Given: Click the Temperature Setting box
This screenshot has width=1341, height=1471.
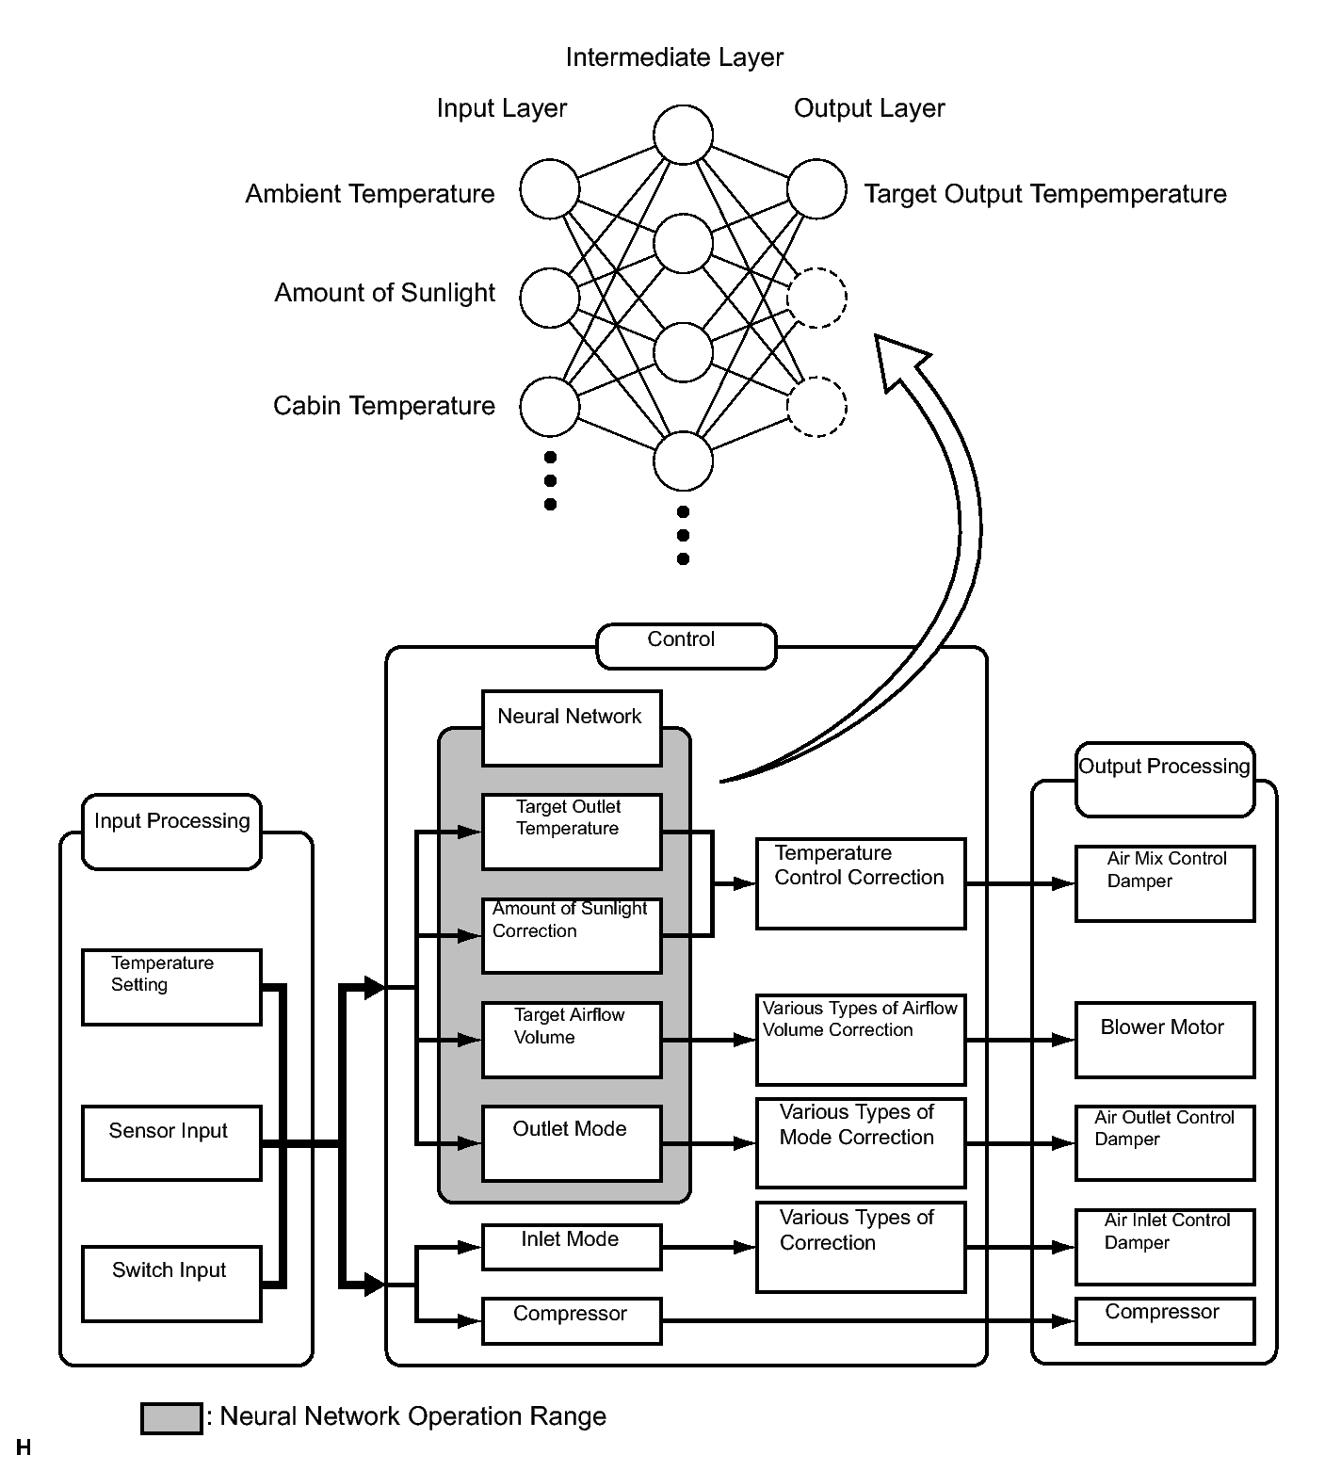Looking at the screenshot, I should pyautogui.click(x=171, y=987).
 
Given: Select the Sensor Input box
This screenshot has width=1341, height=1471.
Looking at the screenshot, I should pyautogui.click(x=171, y=1143).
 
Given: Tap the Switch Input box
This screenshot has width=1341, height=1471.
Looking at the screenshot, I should pyautogui.click(x=171, y=1284).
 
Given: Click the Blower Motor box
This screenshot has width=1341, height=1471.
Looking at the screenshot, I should pyautogui.click(x=1165, y=1040).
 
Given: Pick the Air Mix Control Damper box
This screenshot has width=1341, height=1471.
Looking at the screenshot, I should pyautogui.click(x=1165, y=883).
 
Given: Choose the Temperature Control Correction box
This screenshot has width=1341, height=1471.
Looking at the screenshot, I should pyautogui.click(x=861, y=883).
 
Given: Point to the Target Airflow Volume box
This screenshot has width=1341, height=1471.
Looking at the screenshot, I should pyautogui.click(x=572, y=1040).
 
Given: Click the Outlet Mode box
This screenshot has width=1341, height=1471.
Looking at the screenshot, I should pyautogui.click(x=572, y=1143).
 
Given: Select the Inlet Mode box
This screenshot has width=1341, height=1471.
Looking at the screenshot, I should pyautogui.click(x=572, y=1247).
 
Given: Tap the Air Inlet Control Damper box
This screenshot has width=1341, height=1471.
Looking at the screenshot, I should pyautogui.click(x=1165, y=1247).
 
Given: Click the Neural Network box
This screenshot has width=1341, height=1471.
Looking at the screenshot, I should pyautogui.click(x=572, y=728).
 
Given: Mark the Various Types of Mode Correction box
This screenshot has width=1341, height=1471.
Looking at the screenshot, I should pyautogui.click(x=861, y=1143).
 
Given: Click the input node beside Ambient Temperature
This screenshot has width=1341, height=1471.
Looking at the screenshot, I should pyautogui.click(x=550, y=189).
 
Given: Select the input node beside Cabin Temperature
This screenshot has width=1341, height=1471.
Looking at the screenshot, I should pyautogui.click(x=550, y=406).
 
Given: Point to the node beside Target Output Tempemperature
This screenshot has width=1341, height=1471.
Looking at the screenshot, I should pyautogui.click(x=817, y=189).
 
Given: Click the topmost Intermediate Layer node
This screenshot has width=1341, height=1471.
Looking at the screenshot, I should pyautogui.click(x=684, y=135).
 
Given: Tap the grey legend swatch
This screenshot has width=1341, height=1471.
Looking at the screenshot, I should pyautogui.click(x=171, y=1418).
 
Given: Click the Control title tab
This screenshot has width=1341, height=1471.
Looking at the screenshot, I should pyautogui.click(x=687, y=646).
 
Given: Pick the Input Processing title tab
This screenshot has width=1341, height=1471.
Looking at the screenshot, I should pyautogui.click(x=171, y=831).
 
